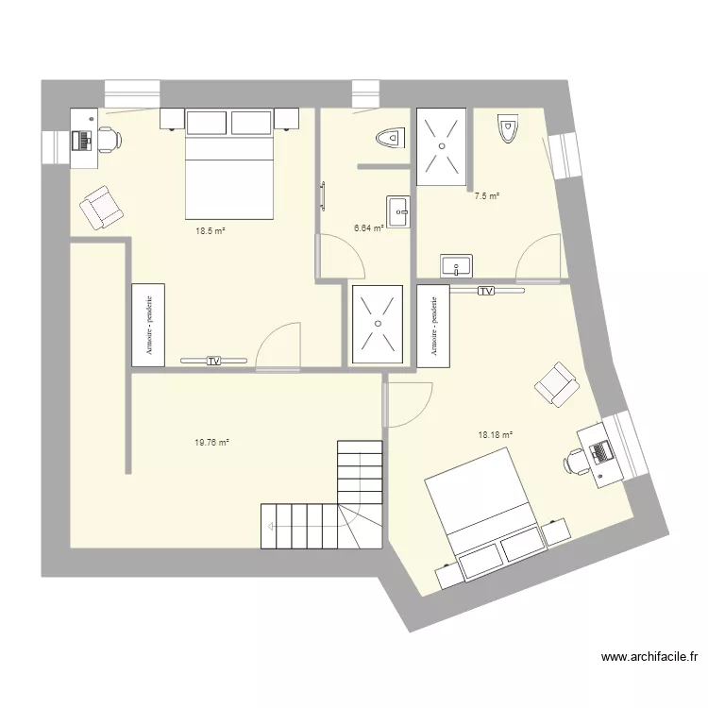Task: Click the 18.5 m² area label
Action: point(210,229)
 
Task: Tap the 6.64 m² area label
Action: point(368,228)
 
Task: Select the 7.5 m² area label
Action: point(486,196)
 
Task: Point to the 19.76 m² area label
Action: point(211,441)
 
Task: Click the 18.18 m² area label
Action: point(496,435)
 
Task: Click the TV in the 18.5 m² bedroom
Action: point(214,360)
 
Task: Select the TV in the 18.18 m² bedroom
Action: point(486,292)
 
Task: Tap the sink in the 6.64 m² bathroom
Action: point(397,211)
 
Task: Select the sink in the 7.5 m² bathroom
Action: point(455,265)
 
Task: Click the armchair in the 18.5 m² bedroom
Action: point(100,207)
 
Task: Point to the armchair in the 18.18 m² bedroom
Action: point(555,384)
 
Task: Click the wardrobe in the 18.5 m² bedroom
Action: point(148,324)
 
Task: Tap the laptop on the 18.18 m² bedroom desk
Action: point(598,451)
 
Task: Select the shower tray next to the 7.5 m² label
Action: point(441,145)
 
